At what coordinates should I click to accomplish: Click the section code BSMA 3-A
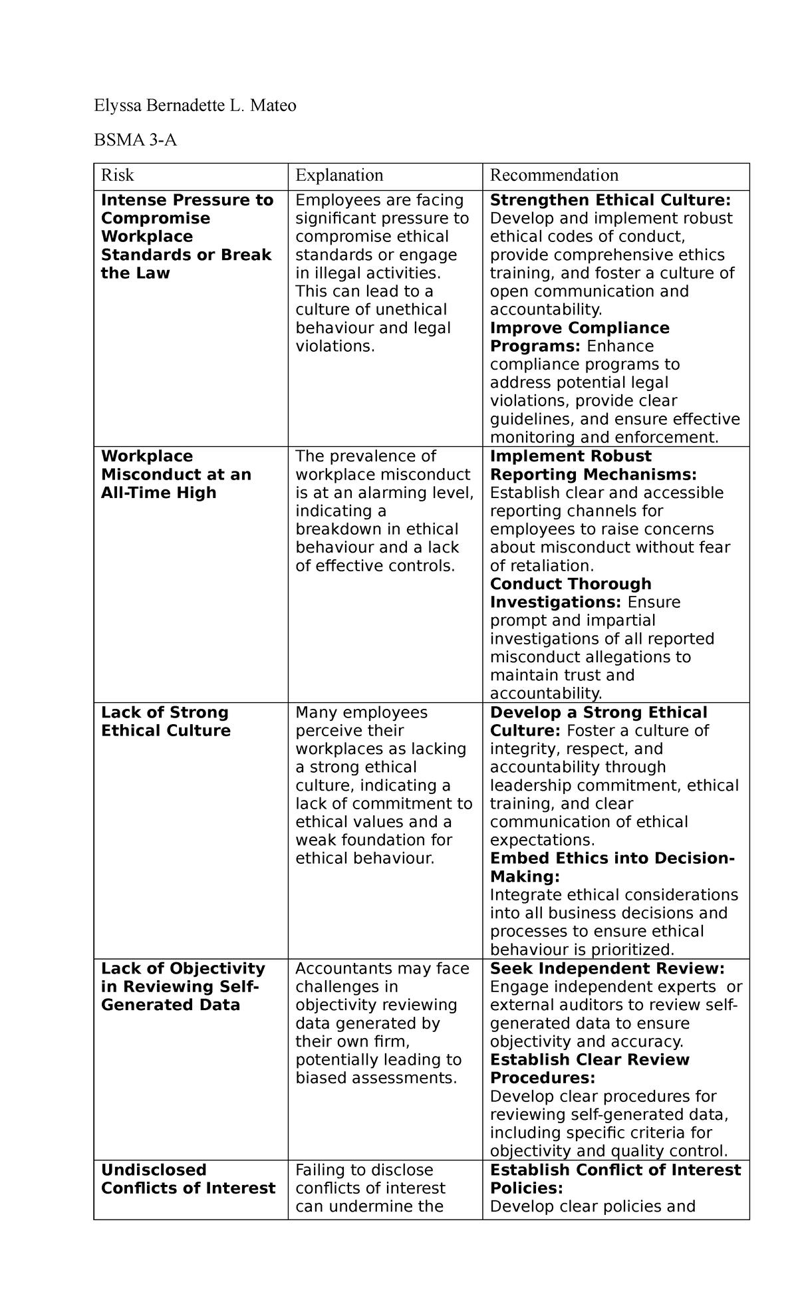135,140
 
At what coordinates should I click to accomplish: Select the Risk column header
117,176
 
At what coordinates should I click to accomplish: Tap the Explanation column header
339,176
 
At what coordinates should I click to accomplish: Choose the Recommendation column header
554,176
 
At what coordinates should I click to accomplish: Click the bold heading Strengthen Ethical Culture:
610,200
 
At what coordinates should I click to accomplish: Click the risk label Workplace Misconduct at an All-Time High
176,475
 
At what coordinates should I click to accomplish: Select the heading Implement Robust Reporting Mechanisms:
593,465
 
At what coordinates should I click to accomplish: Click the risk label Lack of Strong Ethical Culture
166,722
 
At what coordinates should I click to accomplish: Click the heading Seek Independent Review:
606,969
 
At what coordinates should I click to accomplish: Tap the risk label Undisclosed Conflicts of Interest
188,1179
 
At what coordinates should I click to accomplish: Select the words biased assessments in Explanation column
376,1078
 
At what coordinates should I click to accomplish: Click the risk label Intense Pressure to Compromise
187,209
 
